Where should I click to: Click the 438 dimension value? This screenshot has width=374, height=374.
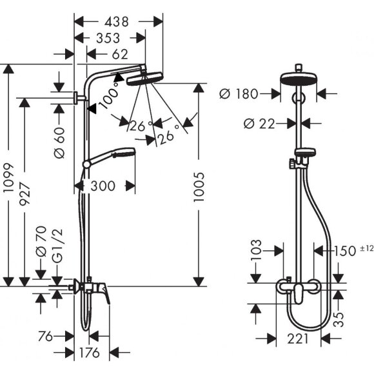(117, 22)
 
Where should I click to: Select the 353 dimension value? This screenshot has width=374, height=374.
(108, 38)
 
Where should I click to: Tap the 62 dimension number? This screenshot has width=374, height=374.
(120, 54)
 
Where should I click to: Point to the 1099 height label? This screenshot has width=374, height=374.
(9, 177)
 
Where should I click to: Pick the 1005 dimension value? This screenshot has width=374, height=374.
(199, 187)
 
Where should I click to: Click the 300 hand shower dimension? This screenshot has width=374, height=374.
(103, 186)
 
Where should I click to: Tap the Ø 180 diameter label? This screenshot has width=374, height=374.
(239, 93)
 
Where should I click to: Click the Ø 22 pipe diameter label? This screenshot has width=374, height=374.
(259, 124)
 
